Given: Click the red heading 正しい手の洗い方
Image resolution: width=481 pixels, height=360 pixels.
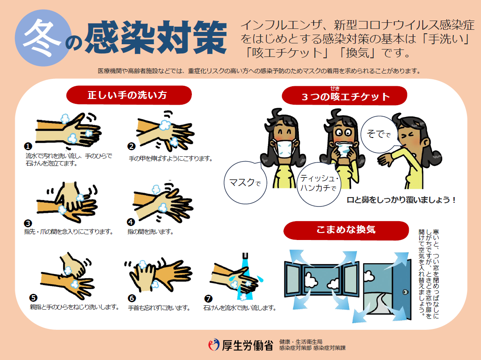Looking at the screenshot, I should (x=129, y=95).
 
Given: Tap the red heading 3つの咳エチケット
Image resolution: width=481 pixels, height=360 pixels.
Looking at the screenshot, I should (x=344, y=96).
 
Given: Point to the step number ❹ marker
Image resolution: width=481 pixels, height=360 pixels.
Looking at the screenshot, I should (x=130, y=222).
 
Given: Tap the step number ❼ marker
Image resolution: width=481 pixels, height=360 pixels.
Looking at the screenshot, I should (x=208, y=299).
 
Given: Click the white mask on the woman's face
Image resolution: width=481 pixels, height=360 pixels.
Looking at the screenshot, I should (x=283, y=148).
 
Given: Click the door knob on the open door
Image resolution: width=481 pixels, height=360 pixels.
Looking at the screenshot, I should (x=405, y=292).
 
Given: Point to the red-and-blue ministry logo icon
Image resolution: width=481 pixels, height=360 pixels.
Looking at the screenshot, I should (x=215, y=345).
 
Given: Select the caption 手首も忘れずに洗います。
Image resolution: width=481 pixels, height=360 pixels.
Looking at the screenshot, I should (x=159, y=308).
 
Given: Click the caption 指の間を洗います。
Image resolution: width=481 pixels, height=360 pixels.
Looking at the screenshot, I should (x=150, y=232).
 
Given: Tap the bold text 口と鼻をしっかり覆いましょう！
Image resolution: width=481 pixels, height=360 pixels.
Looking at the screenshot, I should (x=401, y=200).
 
